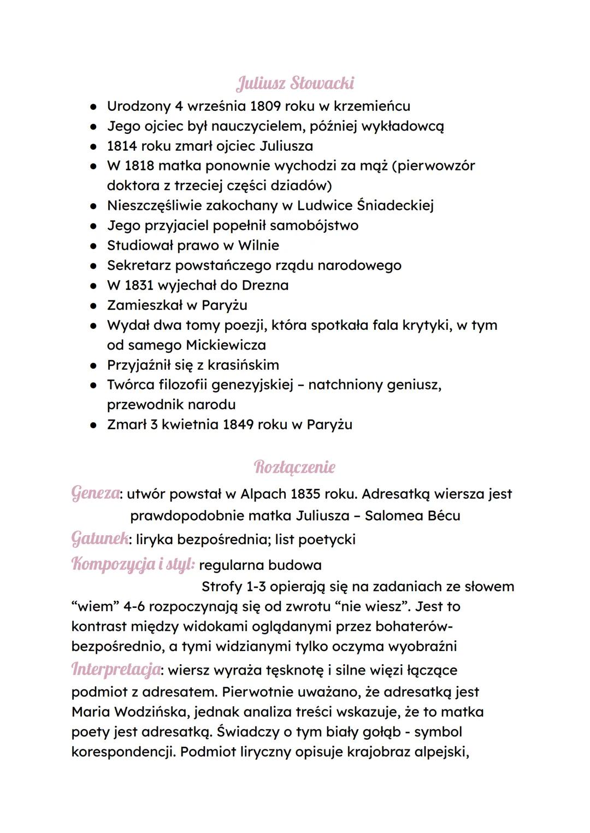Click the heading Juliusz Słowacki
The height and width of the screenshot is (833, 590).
[295, 84]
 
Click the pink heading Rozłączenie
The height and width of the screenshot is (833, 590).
[295, 467]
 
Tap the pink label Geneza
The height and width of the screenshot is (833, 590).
[96, 493]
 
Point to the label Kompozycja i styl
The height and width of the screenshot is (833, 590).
[133, 564]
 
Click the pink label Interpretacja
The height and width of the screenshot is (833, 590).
[116, 669]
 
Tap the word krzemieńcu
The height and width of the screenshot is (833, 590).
[371, 106]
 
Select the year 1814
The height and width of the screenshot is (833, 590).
[122, 146]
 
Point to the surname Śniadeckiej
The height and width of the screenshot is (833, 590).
[395, 205]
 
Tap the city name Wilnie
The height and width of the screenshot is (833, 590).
[258, 245]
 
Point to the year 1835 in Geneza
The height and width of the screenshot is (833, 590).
[305, 494]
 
